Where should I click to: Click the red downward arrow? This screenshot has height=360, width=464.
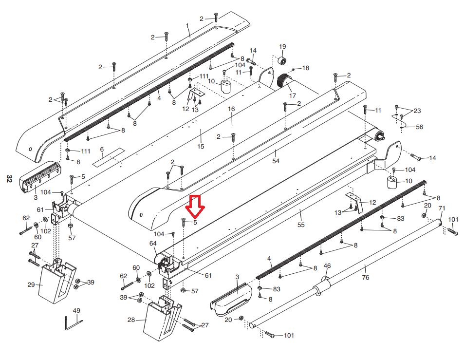197,206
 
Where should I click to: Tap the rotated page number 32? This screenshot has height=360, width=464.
9,179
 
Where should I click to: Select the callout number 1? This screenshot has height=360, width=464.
187,25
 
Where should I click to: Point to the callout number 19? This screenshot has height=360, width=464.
282,46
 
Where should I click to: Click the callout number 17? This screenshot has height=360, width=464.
292,95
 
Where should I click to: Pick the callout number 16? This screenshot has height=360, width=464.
232,109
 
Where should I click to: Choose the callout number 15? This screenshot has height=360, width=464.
201,146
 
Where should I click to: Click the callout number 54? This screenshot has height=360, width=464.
276,161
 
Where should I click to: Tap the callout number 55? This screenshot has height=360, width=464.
301,225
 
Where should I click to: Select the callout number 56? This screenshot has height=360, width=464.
419,127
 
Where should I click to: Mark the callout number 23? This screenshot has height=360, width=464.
417,111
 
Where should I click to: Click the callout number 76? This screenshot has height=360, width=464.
365,278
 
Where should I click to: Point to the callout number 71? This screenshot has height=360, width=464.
442,208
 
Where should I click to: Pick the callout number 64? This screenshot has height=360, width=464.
153,243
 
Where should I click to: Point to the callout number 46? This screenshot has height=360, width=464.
327,266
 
